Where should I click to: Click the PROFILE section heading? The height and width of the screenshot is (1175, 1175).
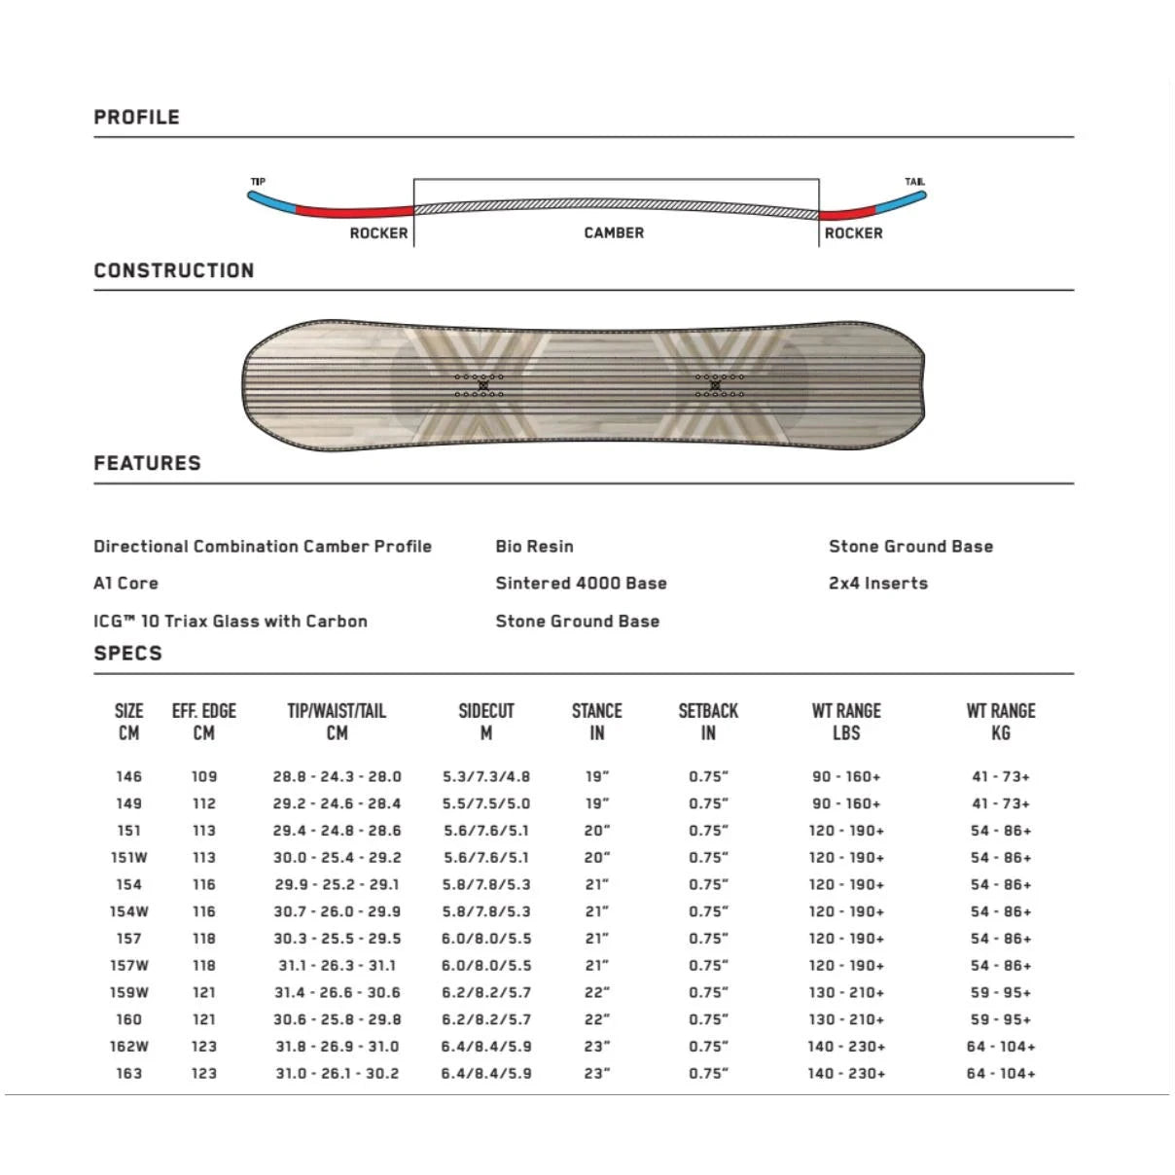click(136, 118)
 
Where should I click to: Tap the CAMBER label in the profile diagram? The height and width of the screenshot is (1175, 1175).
click(614, 233)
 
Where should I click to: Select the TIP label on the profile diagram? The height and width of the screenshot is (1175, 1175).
click(258, 182)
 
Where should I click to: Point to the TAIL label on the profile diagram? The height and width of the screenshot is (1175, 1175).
click(914, 182)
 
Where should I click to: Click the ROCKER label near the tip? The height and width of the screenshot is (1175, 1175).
click(378, 233)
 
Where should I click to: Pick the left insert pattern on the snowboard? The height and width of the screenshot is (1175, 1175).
click(479, 385)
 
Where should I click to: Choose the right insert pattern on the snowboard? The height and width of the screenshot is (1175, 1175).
click(719, 385)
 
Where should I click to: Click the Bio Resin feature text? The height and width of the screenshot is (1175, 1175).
click(534, 547)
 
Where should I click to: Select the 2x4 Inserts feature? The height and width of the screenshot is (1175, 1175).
click(877, 584)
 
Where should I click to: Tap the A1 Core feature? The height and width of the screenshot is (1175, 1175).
click(125, 584)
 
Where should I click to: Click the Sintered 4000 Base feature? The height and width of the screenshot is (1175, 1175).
click(581, 584)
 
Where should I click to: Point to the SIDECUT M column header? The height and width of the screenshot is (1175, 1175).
click(486, 722)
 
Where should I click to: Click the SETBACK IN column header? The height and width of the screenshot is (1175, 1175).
click(708, 722)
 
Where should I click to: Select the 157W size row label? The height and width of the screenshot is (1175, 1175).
click(128, 966)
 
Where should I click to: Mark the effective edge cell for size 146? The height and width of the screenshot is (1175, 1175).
click(204, 777)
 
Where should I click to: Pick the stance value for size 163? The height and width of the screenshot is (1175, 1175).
click(597, 1074)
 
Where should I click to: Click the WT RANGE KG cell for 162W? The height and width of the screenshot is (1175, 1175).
click(1001, 1047)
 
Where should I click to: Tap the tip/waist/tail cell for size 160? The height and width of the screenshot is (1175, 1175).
click(337, 1019)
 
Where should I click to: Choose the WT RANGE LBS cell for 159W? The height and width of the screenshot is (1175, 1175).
click(846, 993)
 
